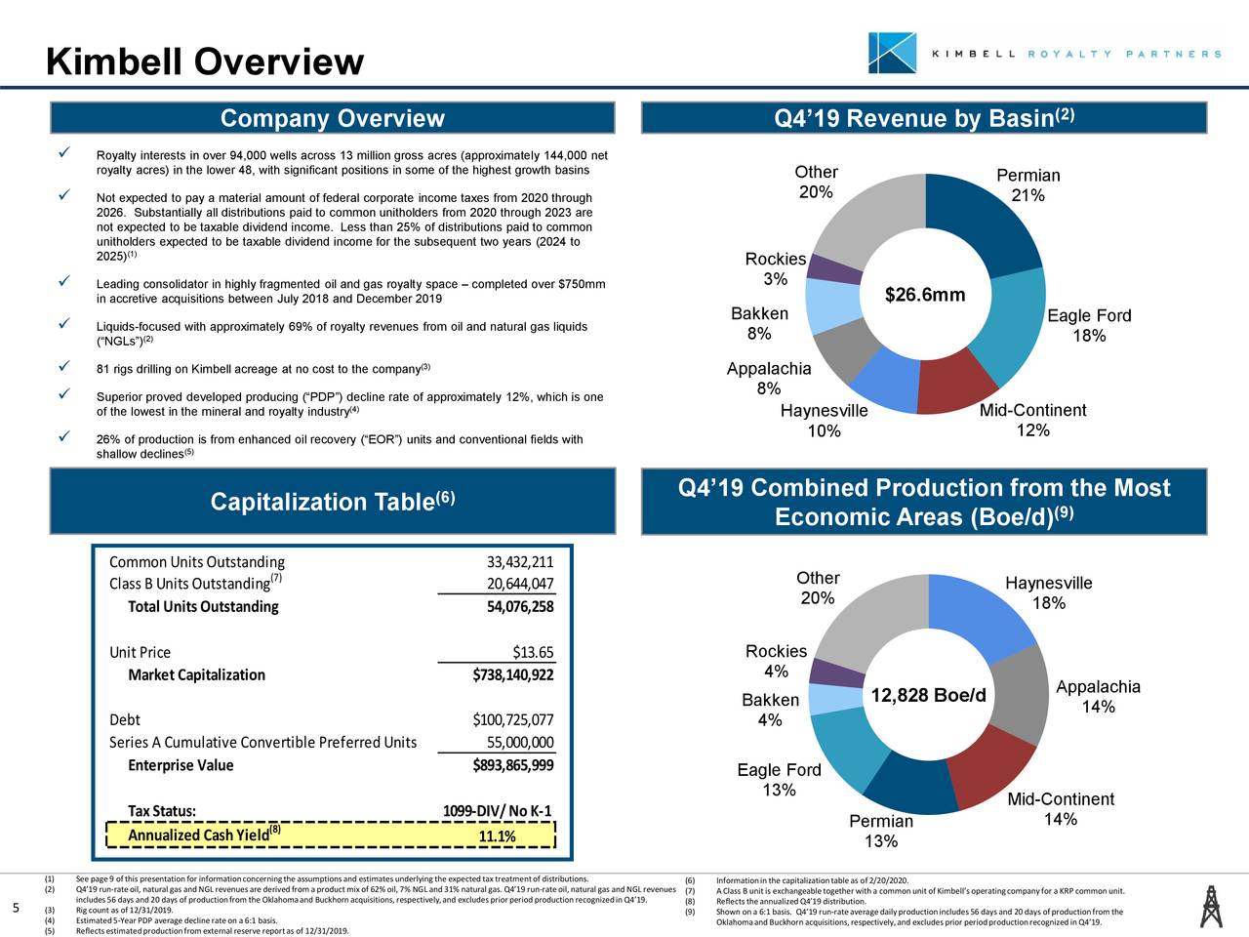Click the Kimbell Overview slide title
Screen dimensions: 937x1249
point(205,62)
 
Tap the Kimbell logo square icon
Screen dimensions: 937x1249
point(892,53)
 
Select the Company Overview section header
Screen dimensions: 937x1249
point(332,119)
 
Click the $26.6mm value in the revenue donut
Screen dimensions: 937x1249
point(924,295)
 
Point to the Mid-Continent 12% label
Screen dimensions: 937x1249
point(1032,421)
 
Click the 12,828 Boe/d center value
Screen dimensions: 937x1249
point(928,696)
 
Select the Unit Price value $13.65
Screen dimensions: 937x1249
point(533,653)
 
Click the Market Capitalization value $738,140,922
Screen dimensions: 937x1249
point(513,675)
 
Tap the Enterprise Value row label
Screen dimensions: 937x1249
point(181,765)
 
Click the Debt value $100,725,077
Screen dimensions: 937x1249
point(513,720)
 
